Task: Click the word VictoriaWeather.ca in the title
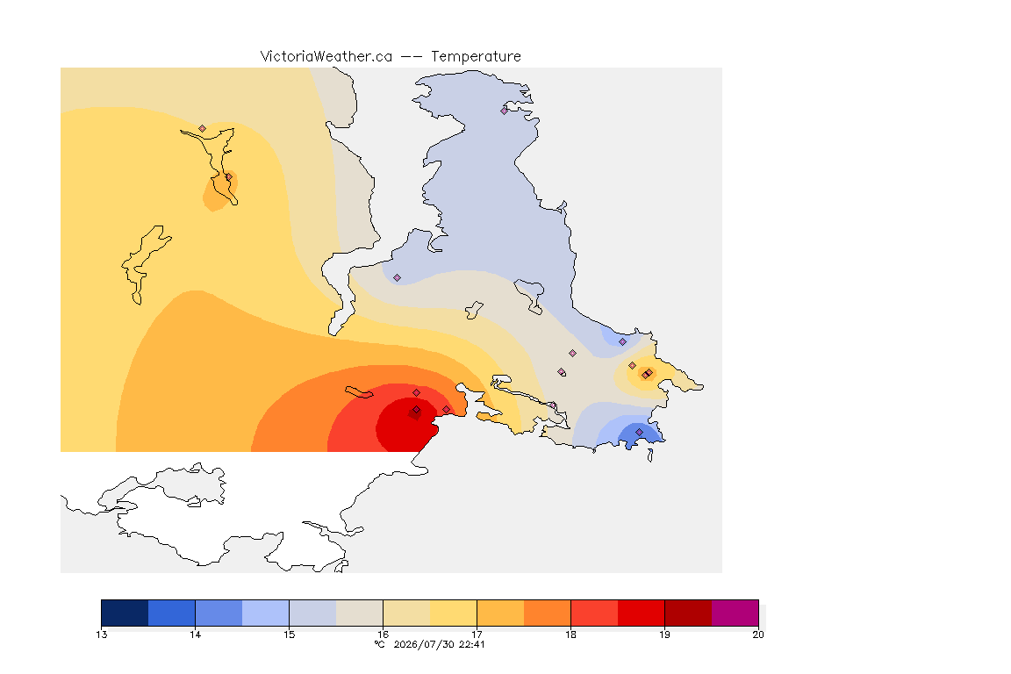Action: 326,57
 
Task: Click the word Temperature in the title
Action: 476,57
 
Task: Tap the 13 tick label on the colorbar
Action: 101,635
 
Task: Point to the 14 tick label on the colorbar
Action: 196,635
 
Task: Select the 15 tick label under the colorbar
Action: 289,635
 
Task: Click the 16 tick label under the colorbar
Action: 383,635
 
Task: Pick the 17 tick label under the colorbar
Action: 477,635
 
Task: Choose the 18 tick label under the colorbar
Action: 570,635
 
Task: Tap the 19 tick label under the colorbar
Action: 664,635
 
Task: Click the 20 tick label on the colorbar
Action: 758,635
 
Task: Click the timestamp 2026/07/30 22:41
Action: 439,644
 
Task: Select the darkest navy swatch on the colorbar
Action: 125,613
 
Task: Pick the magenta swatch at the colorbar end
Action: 735,613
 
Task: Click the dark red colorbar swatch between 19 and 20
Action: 688,613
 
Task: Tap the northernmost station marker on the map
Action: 505,111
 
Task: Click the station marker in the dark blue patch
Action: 639,432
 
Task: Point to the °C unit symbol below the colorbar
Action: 380,644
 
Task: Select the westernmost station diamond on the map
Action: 203,129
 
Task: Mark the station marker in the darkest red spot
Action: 417,410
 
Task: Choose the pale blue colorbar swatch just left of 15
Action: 266,613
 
